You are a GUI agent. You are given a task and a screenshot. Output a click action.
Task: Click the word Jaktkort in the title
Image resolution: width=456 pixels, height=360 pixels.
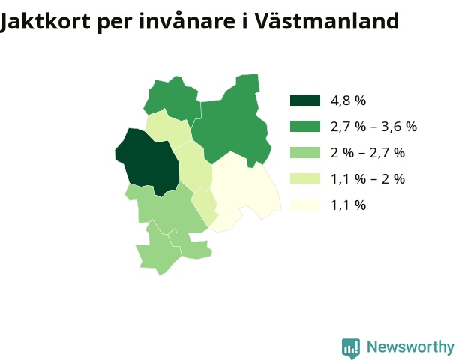45,22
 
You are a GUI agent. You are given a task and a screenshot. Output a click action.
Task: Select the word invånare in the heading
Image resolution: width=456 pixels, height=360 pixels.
187,20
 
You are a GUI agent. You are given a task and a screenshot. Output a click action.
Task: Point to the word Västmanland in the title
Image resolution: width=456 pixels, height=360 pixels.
326,20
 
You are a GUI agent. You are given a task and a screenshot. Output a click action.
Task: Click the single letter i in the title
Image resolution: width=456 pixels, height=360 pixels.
244,21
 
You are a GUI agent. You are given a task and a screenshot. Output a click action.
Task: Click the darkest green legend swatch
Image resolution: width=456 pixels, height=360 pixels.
305,100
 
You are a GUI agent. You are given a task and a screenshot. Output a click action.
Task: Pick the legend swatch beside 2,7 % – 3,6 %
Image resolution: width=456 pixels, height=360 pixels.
305,127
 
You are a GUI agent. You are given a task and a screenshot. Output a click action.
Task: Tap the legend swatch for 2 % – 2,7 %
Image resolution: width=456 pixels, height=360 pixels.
305,153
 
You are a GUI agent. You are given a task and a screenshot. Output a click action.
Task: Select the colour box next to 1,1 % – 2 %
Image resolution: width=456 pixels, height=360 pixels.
305,178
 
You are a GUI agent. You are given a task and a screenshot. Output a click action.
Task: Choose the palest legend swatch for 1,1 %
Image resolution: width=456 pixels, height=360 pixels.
305,205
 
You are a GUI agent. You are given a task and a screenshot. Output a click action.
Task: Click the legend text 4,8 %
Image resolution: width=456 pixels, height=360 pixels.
349,100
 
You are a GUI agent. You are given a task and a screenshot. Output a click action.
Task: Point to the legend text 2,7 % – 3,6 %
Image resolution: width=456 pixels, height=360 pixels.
374,127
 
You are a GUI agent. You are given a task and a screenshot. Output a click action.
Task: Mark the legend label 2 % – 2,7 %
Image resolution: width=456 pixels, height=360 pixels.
368,153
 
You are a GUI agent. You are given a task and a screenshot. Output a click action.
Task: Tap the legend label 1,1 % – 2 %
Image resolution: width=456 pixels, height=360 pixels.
368,179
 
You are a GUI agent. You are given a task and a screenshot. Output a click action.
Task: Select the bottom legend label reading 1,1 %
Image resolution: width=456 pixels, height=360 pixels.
349,205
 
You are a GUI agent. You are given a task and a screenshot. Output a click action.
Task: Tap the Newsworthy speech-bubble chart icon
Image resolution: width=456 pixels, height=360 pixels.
351,348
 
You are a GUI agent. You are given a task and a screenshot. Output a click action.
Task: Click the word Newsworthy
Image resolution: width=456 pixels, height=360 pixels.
411,347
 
